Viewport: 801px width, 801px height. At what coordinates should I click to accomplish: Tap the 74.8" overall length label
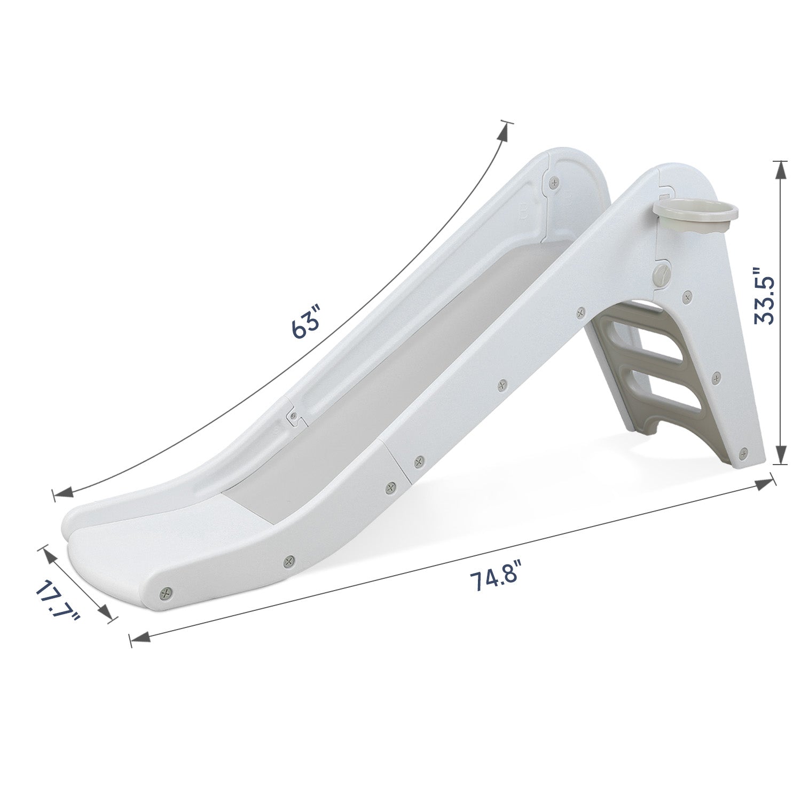pyautogui.click(x=494, y=580)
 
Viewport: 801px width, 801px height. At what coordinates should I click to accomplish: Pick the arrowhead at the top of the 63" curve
pyautogui.click(x=502, y=130)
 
